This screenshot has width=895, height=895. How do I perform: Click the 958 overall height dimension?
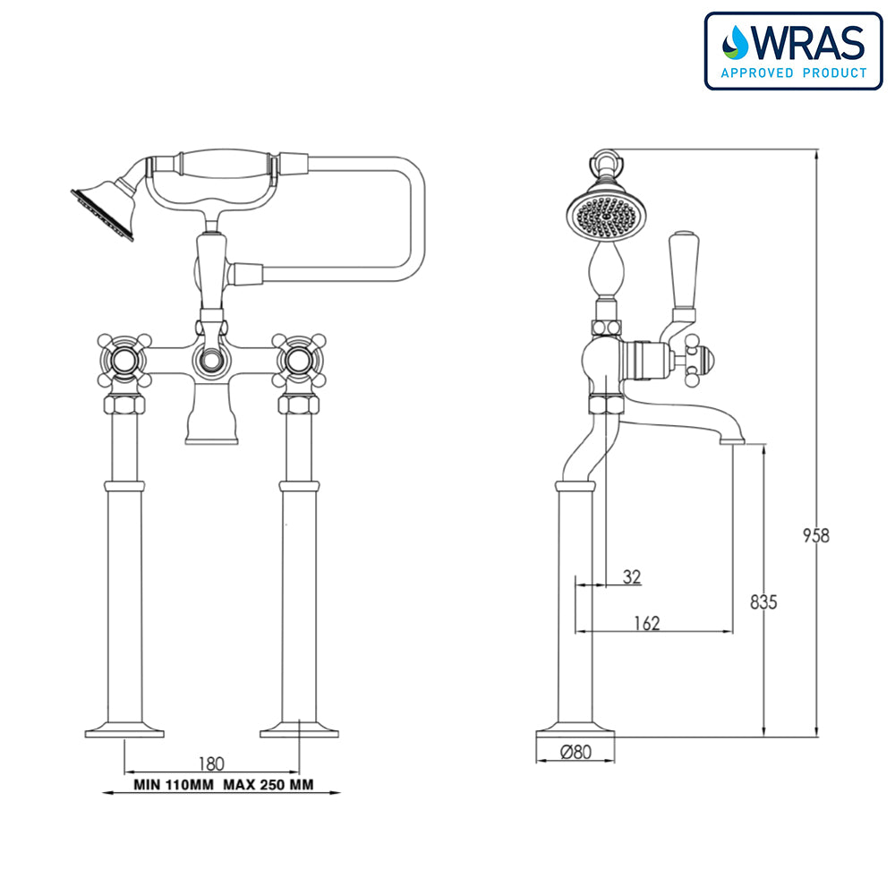[815, 536]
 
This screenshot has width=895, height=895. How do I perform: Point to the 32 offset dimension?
[632, 577]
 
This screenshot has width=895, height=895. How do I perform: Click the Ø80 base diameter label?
[576, 753]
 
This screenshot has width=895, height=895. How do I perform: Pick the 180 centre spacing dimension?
[211, 763]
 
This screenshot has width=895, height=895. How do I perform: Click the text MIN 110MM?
[171, 786]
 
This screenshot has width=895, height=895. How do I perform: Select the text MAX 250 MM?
[268, 786]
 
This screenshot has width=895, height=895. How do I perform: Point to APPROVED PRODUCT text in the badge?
[794, 72]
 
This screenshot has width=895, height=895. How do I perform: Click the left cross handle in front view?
[124, 361]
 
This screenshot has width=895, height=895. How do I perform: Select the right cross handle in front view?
[298, 361]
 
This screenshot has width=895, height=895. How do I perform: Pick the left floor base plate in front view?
[124, 729]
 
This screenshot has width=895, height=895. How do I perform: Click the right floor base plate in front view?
[299, 729]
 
